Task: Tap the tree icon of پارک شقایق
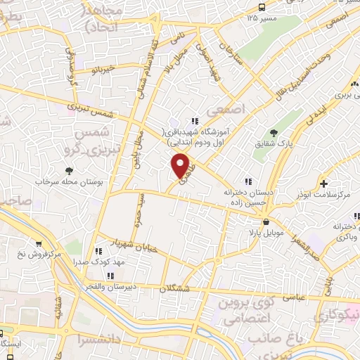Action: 274,133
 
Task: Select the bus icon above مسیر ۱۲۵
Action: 262,6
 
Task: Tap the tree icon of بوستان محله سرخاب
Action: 68,170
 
